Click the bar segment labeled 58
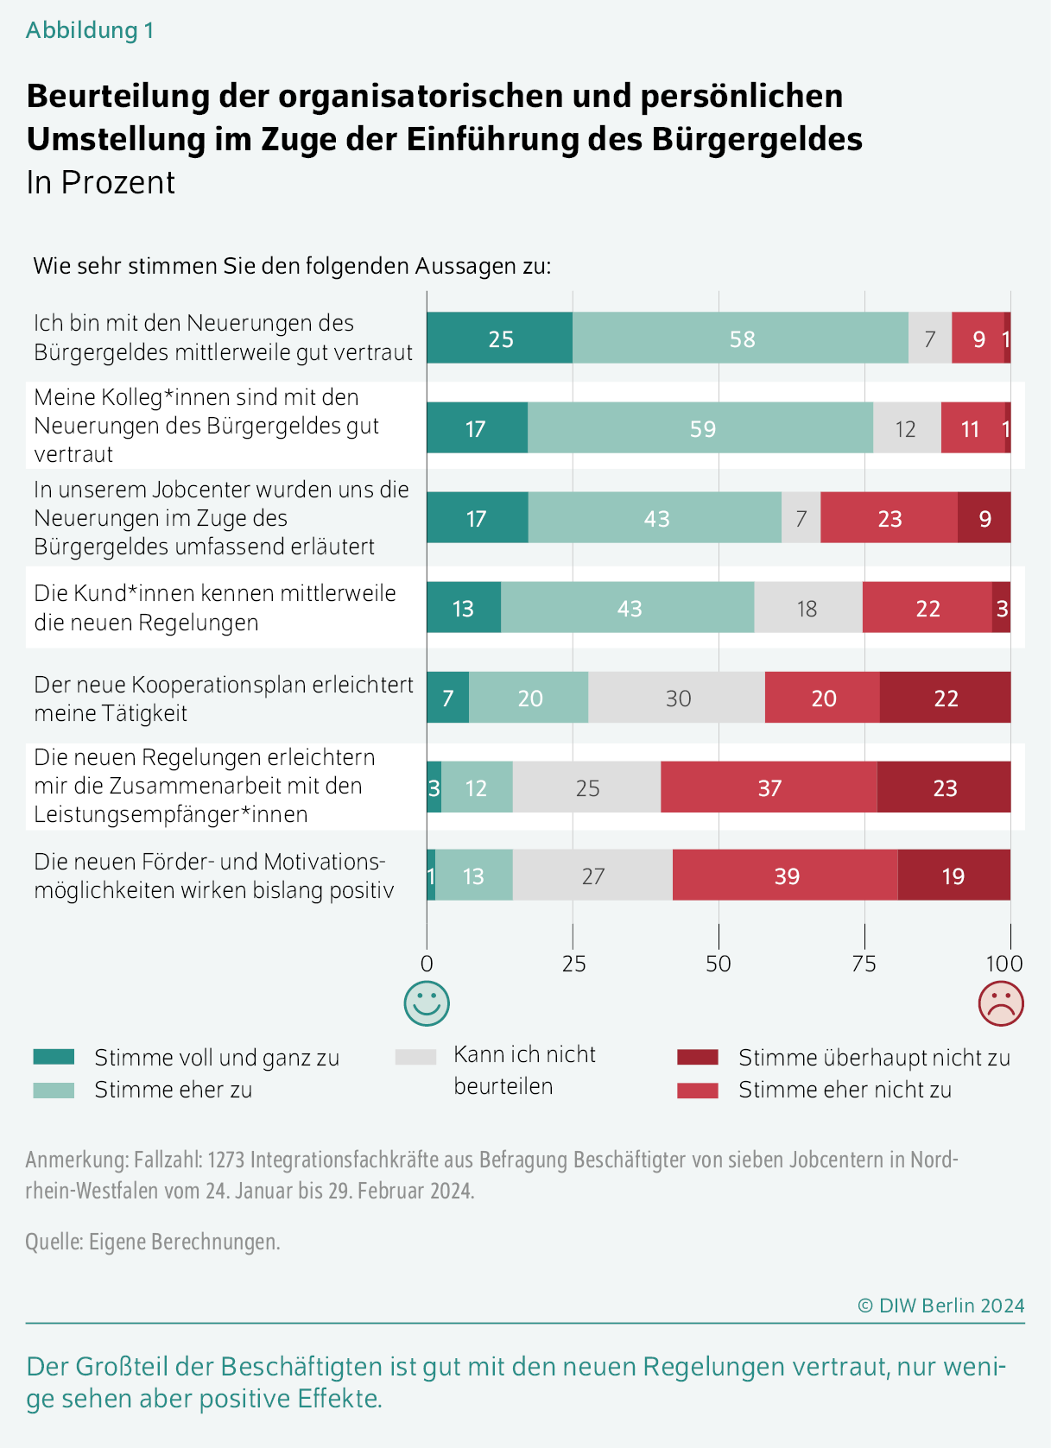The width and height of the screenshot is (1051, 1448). tap(740, 338)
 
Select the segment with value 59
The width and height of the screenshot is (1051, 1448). tap(700, 428)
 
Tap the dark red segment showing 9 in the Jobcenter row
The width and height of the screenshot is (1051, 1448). tap(984, 518)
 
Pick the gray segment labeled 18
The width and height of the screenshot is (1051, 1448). tap(807, 608)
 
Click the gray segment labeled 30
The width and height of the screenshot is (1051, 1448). tap(677, 698)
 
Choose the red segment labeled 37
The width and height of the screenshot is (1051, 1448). tap(769, 787)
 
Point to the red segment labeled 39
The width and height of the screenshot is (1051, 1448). tap(785, 876)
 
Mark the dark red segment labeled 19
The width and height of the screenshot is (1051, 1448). tap(953, 876)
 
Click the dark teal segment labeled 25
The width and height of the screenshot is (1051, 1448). tap(499, 338)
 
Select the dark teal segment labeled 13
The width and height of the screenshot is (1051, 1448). tap(464, 608)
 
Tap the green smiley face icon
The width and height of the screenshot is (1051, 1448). tap(427, 1003)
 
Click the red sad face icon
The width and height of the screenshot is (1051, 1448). tap(1000, 1003)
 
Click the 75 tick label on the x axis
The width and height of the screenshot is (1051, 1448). tap(864, 964)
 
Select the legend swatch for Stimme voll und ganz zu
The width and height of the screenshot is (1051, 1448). tap(54, 1057)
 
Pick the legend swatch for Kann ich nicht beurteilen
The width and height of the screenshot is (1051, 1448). tap(415, 1057)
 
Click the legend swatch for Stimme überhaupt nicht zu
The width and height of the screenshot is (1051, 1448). tap(698, 1057)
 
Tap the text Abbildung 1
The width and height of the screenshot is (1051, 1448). tap(90, 30)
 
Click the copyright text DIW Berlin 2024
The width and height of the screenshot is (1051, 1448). tap(941, 1306)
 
